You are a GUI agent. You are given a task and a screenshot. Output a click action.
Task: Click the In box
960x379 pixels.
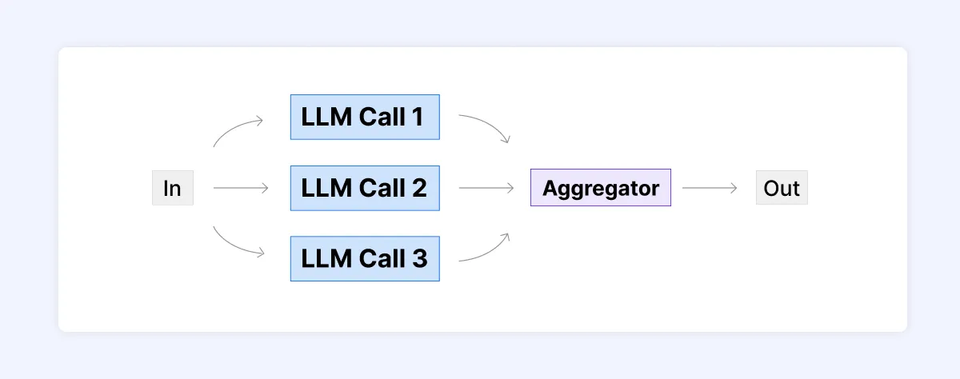[x=172, y=189]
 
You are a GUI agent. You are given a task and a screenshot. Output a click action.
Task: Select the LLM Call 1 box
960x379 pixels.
[x=364, y=117]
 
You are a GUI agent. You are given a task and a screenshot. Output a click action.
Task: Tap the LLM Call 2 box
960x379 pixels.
[x=364, y=188]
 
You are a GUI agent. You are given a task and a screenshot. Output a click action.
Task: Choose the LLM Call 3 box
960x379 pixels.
[x=364, y=258]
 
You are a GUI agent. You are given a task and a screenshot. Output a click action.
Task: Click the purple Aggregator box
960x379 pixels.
[x=600, y=189]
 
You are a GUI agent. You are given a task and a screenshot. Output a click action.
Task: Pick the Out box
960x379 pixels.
[x=781, y=189]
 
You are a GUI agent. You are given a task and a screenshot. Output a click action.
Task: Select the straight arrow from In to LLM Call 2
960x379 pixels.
[x=241, y=189]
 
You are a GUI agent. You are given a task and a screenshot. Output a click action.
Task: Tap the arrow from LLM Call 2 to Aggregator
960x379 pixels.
[x=486, y=189]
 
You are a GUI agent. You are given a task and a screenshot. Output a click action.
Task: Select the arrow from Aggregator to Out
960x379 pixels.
[x=709, y=189]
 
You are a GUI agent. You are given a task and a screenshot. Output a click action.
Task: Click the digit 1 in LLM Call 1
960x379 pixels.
[x=417, y=118]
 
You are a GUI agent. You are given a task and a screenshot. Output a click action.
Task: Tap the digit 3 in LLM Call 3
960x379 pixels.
[x=418, y=258]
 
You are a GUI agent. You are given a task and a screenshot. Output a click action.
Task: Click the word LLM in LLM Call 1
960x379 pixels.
[x=322, y=118]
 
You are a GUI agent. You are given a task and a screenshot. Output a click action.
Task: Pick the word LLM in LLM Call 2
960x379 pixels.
[x=322, y=188]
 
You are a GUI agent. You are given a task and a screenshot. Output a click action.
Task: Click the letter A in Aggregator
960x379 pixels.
[x=549, y=189]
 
